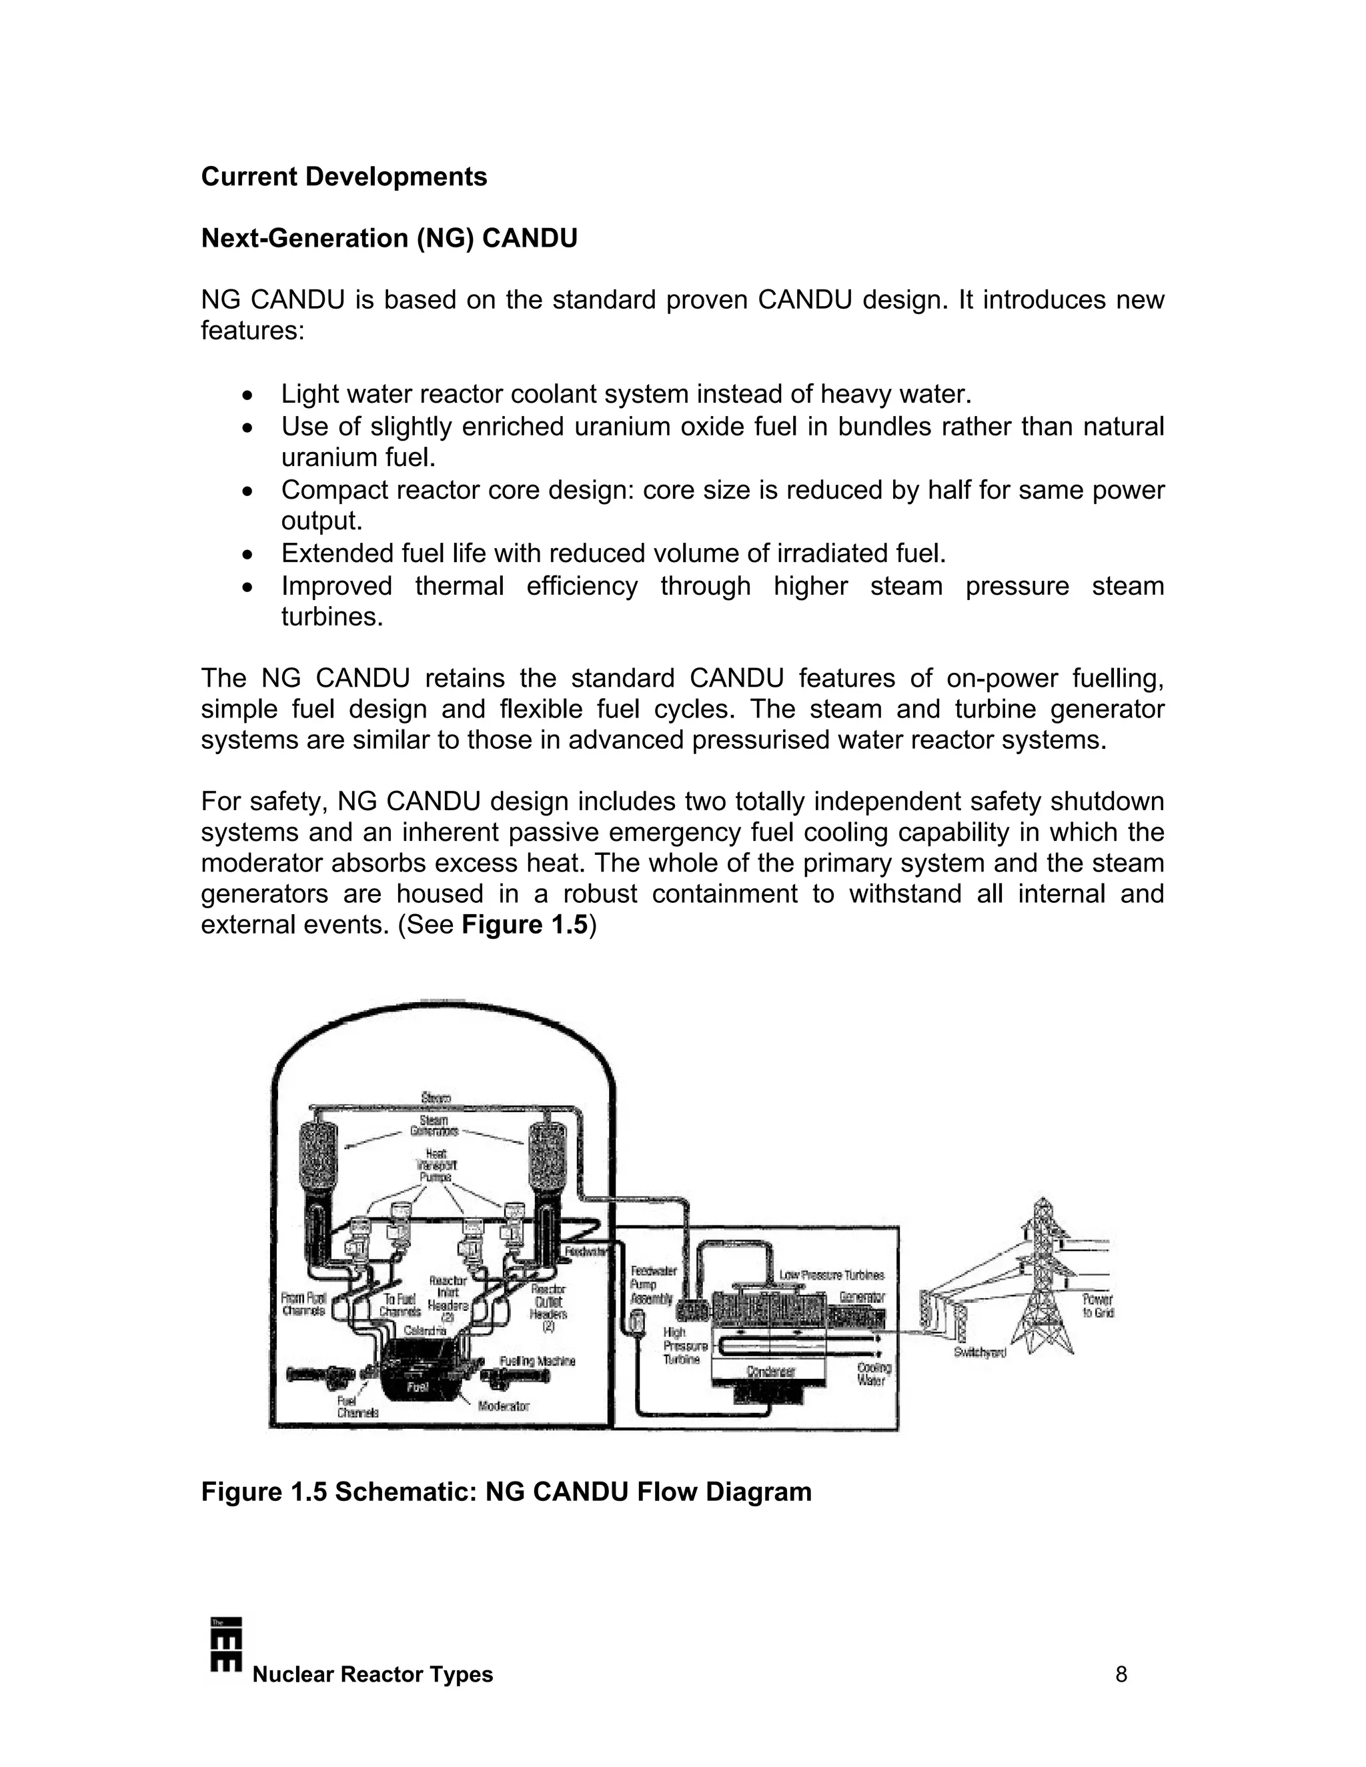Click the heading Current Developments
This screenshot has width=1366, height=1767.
[344, 177]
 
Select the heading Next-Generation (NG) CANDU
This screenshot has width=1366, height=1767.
[390, 239]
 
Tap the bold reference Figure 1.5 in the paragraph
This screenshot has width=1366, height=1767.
[524, 924]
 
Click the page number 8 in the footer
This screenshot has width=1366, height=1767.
[1121, 1674]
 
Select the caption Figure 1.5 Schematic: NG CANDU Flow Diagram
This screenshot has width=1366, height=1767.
[506, 1492]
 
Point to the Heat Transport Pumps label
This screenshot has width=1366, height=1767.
[436, 1166]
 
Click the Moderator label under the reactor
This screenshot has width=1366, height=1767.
[504, 1406]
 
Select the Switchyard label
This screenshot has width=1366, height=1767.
[979, 1353]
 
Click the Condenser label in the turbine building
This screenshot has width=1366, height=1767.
[770, 1370]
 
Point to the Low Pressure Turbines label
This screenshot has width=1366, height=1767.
[831, 1276]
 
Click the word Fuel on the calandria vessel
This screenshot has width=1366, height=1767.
[417, 1386]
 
